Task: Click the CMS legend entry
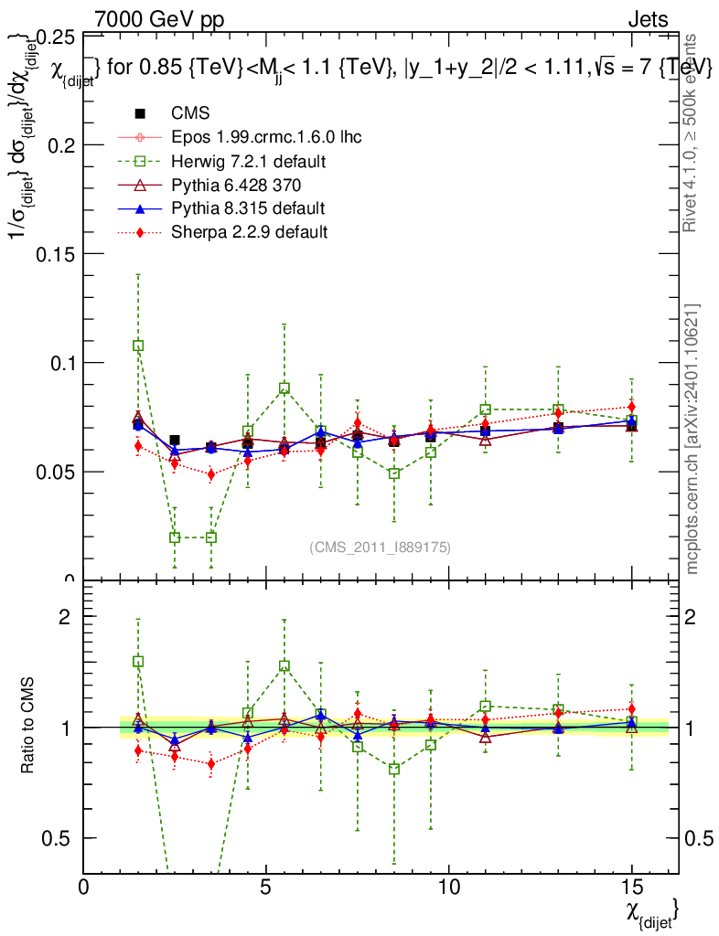[190, 113]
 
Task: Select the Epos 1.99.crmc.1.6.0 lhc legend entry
[266, 137]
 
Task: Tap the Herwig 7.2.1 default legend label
[249, 161]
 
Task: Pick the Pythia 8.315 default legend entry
[247, 208]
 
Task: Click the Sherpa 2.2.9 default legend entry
[249, 232]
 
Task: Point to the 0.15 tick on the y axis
[56, 253]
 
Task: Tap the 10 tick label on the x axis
[448, 888]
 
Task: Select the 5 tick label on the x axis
[265, 888]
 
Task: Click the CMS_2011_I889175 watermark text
[381, 547]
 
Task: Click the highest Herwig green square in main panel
[138, 346]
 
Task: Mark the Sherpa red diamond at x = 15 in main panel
[631, 407]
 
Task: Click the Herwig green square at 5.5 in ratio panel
[284, 666]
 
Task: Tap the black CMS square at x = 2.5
[175, 440]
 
